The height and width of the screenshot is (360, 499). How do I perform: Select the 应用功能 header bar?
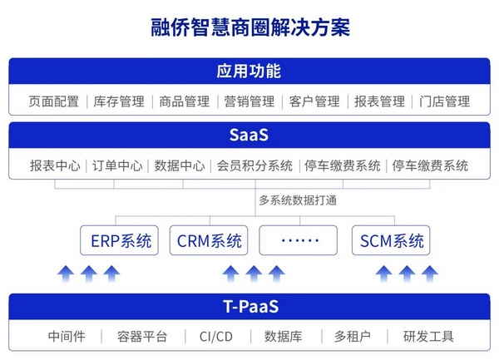click(x=249, y=70)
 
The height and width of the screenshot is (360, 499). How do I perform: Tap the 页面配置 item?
click(x=54, y=101)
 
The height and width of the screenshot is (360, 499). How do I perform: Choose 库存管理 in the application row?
click(x=119, y=101)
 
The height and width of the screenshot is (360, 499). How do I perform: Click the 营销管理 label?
click(x=249, y=101)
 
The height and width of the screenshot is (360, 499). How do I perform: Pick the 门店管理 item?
click(x=445, y=101)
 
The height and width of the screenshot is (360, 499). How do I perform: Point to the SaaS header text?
click(x=249, y=135)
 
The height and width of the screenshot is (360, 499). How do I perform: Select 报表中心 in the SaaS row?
click(x=55, y=165)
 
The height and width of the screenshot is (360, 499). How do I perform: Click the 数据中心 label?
click(x=180, y=165)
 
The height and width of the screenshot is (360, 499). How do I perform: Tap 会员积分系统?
click(x=254, y=165)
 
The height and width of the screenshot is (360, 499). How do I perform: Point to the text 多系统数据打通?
click(x=297, y=200)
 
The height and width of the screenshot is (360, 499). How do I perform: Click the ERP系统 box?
click(x=121, y=241)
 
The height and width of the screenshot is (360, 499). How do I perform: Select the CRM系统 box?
click(x=210, y=241)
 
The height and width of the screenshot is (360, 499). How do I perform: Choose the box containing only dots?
click(x=300, y=241)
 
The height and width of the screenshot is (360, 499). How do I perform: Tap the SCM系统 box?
click(x=392, y=241)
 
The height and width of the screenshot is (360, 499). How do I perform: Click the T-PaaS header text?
click(x=249, y=306)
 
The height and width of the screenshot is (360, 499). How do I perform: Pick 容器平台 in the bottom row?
click(x=142, y=337)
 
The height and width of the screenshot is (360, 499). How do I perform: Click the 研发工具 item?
click(x=428, y=337)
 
